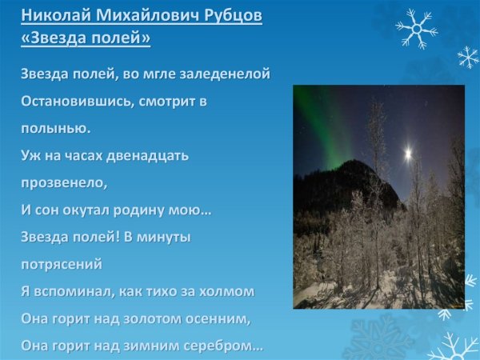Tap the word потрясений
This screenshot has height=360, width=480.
(62, 264)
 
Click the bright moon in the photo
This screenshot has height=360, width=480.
(408, 150)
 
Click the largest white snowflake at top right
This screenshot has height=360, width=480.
(415, 29)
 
